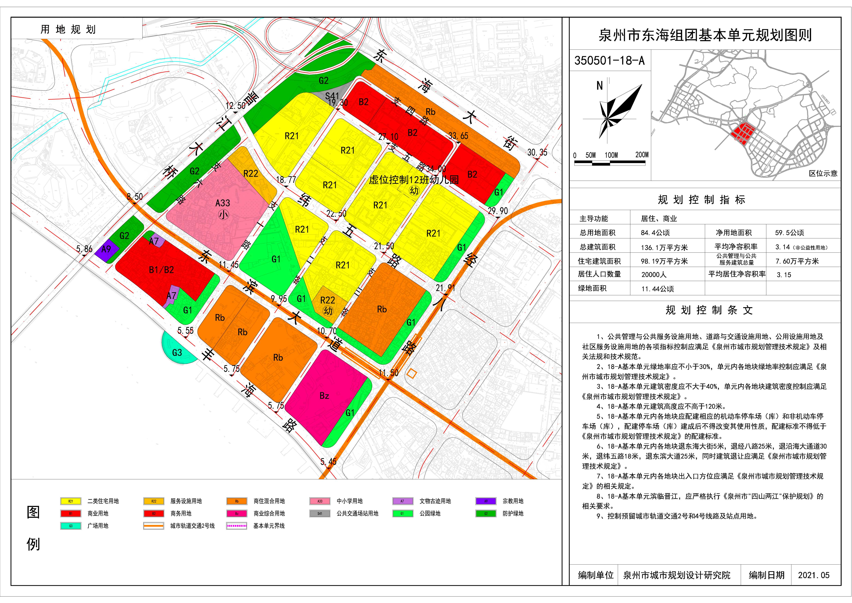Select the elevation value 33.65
[458, 136]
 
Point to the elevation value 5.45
[328, 462]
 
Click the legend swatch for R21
[71, 501]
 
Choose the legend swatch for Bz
[236, 513]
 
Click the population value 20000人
[654, 275]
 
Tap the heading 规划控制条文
[709, 310]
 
